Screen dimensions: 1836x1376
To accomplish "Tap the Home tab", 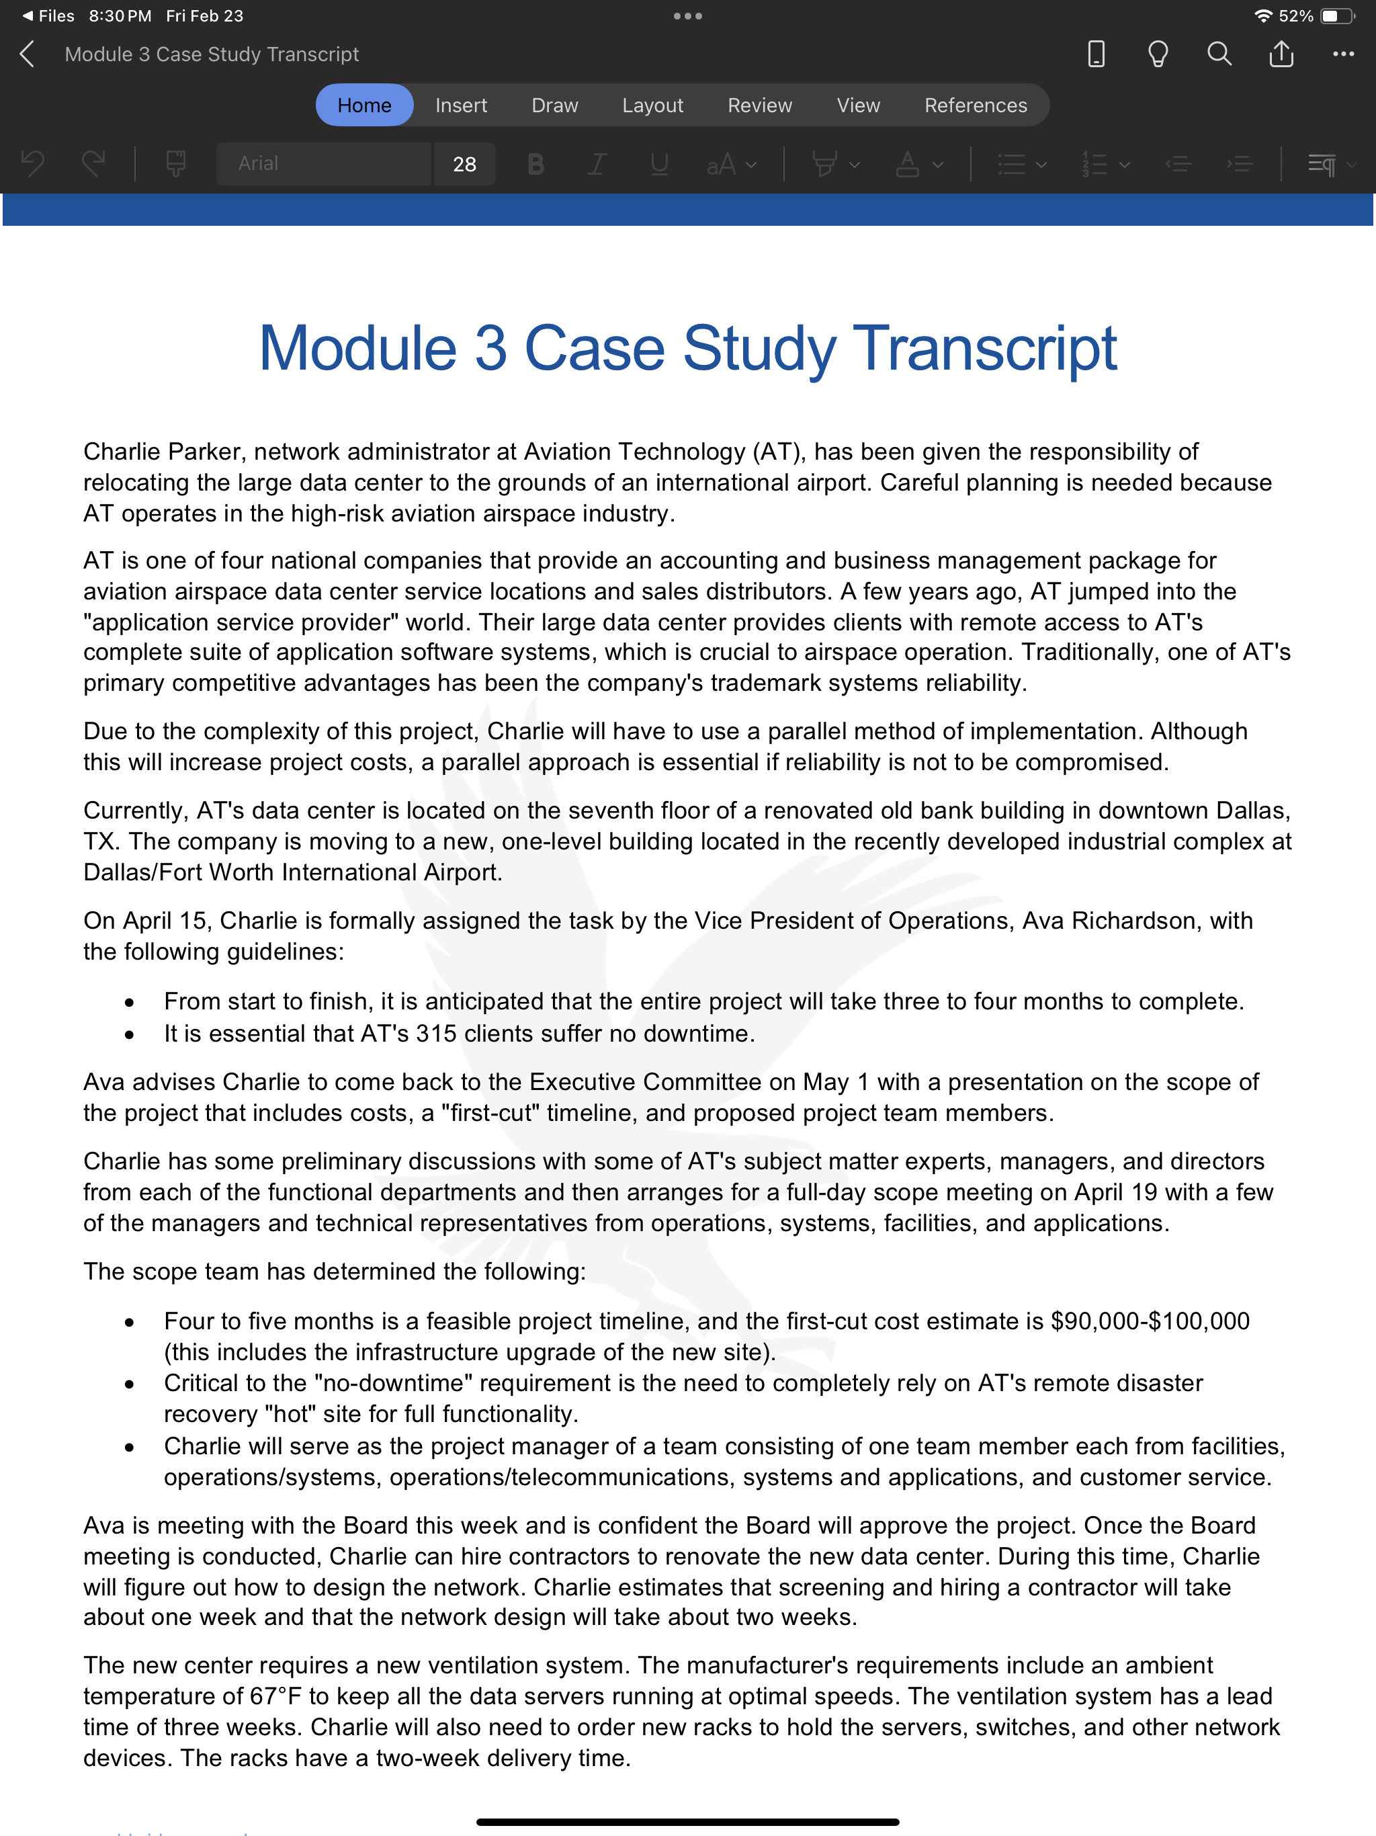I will (363, 106).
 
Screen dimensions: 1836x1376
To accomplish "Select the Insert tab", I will (461, 106).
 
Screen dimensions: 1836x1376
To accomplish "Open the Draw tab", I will (554, 106).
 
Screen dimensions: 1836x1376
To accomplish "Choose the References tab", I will (975, 106).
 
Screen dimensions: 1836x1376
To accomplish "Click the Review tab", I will (759, 106).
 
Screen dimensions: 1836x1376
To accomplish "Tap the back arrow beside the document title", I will (28, 54).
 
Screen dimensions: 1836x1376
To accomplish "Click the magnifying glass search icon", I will (1218, 54).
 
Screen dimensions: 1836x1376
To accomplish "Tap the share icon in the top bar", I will (1281, 54).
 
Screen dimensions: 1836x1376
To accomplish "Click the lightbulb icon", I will (1157, 54).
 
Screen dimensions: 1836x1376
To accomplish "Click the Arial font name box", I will (324, 163).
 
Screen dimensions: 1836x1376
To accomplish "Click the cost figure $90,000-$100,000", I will (1150, 1321).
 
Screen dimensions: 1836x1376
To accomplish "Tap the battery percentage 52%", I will (1295, 15).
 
